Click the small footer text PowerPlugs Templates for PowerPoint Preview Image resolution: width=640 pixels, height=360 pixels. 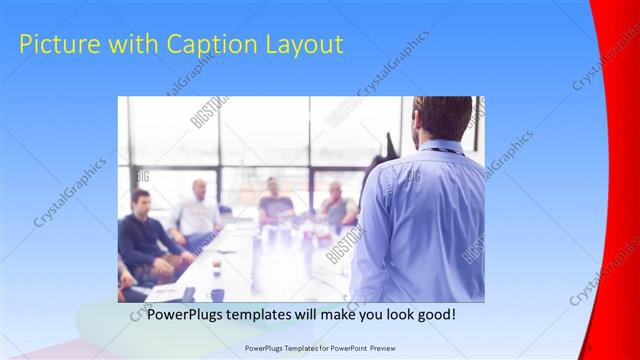319,348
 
